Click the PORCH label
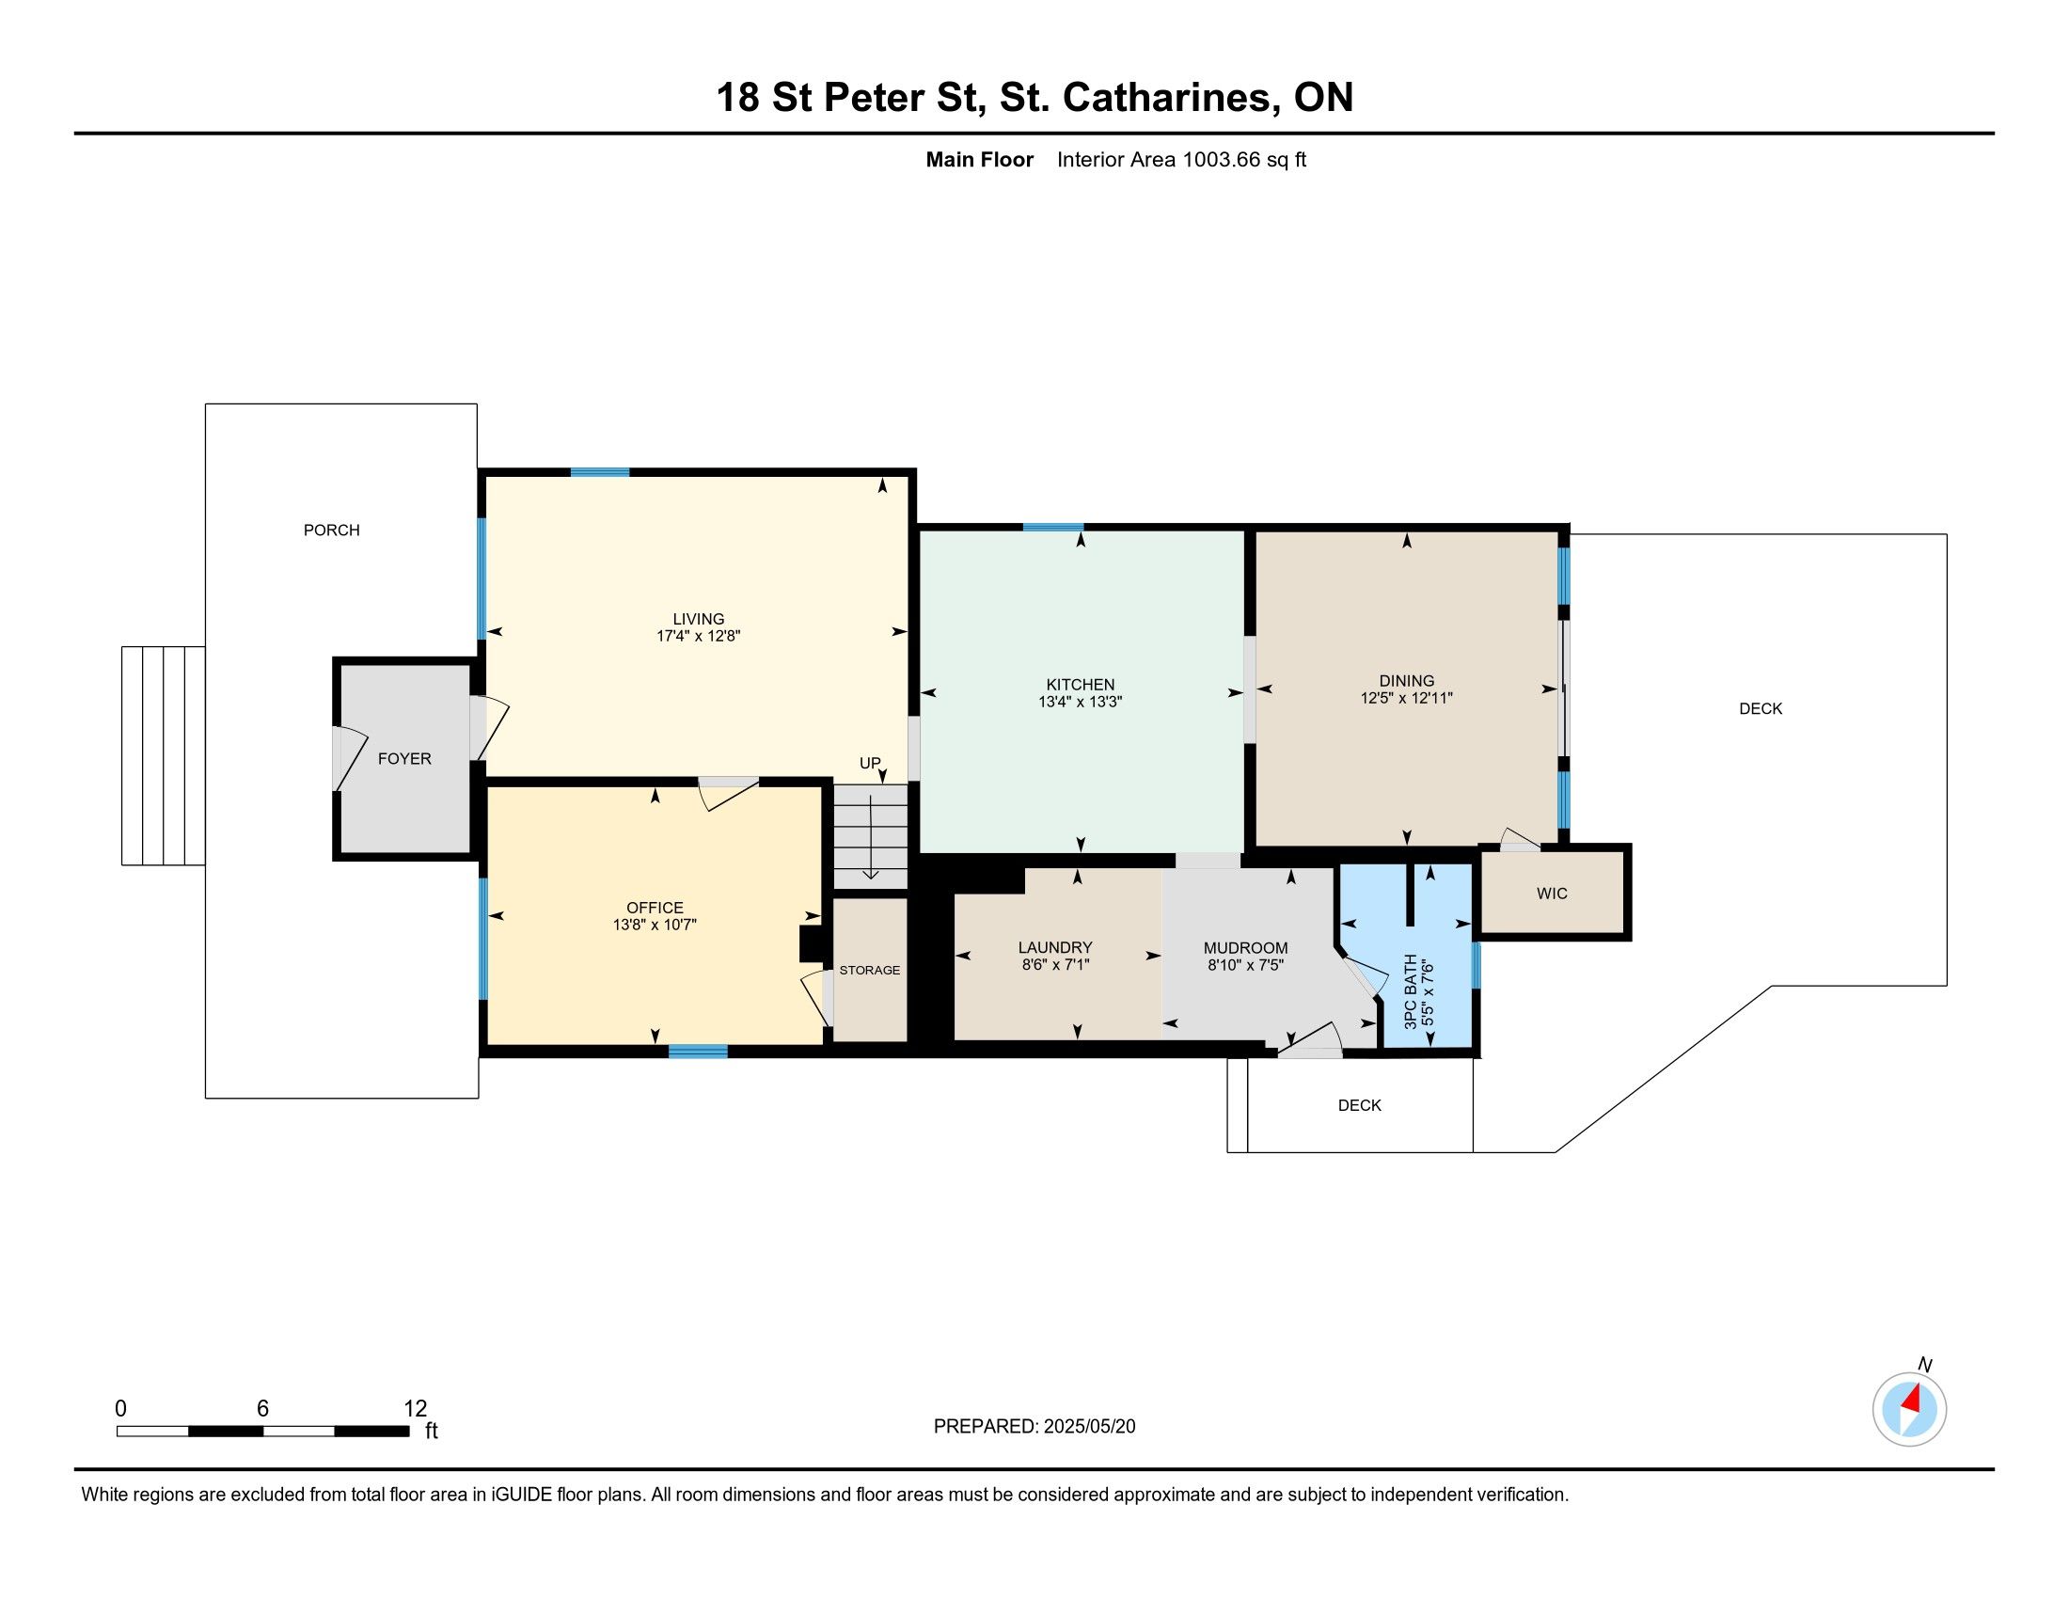(332, 530)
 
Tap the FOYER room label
(404, 759)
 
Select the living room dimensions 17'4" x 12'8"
(698, 637)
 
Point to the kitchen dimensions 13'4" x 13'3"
(1080, 702)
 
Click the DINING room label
(1407, 681)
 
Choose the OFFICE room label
(655, 908)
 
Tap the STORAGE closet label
(870, 970)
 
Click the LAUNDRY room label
(1055, 947)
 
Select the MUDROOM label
(1246, 948)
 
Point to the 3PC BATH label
(1412, 990)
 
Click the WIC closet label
(1552, 894)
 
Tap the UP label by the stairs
(870, 763)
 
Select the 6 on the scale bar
(262, 1409)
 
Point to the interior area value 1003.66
(1221, 160)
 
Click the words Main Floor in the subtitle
(980, 160)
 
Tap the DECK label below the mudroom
(1360, 1105)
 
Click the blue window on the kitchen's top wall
(1052, 528)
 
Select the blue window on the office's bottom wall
(698, 1051)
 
